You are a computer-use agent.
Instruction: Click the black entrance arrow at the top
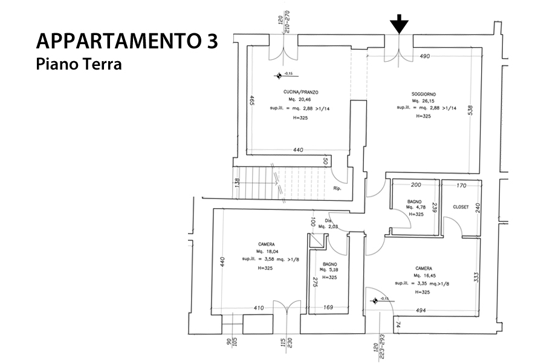[399, 25]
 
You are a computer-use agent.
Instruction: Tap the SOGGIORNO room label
[424, 94]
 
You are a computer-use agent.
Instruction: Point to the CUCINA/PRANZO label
[300, 92]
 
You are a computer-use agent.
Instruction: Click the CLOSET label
[461, 207]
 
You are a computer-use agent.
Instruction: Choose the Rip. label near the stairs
[337, 188]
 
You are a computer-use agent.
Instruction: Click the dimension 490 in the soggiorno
[424, 56]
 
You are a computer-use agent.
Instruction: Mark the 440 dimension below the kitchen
[298, 150]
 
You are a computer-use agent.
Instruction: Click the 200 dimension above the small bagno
[415, 185]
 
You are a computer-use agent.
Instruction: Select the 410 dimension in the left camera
[259, 308]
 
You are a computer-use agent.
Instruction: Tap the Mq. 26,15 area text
[424, 101]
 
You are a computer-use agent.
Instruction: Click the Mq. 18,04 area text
[267, 252]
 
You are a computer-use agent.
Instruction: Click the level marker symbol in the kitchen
[279, 76]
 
